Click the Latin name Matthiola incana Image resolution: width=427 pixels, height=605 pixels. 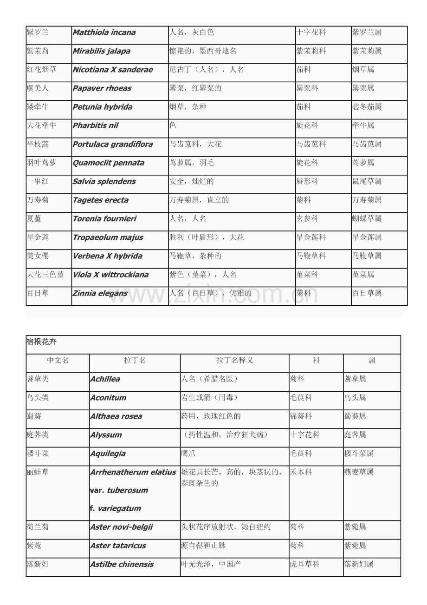click(104, 33)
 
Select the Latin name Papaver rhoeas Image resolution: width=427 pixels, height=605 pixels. click(102, 88)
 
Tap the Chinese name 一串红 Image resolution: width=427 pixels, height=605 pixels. click(38, 181)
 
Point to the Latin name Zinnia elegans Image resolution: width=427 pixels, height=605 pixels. click(100, 293)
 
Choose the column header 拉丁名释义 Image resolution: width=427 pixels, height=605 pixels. click(234, 360)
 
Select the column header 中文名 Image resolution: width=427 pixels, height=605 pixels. click(58, 360)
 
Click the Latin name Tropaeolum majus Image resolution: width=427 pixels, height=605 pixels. click(108, 237)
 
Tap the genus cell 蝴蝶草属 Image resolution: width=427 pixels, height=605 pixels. click(367, 218)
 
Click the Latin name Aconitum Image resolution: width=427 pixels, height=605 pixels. click(108, 398)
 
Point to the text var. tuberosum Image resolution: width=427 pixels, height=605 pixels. click(119, 490)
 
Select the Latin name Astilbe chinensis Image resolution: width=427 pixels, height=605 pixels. click(122, 565)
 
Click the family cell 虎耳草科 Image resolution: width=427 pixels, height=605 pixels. click(304, 565)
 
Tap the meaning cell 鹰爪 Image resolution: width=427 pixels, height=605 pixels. click(188, 454)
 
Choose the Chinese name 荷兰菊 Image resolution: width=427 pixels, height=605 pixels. click(38, 527)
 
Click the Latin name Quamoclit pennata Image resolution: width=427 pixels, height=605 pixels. click(108, 163)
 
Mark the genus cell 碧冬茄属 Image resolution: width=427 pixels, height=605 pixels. click(367, 107)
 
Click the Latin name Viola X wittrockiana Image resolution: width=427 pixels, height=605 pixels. click(110, 275)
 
